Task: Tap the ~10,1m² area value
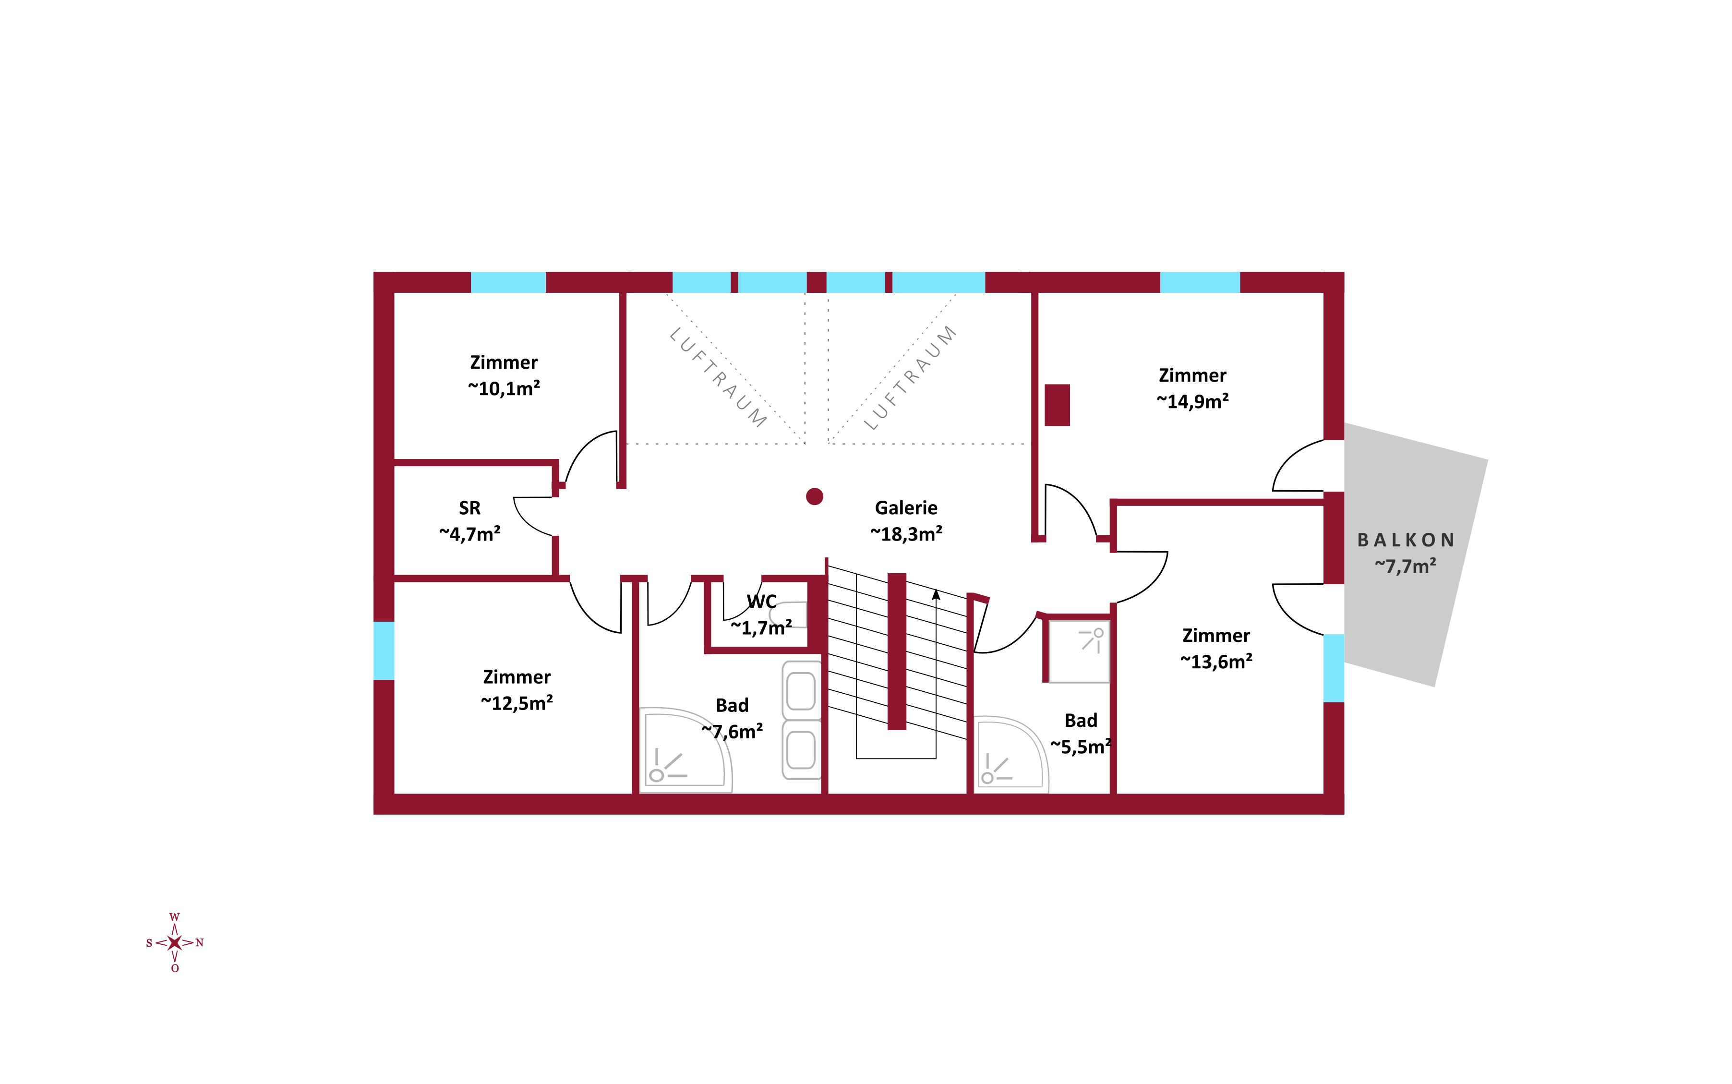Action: [504, 388]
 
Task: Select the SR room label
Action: [469, 508]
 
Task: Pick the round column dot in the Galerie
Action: [814, 496]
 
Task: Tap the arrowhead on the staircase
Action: [936, 594]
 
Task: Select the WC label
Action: [761, 602]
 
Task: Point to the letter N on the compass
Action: [200, 943]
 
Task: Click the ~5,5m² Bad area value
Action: [1081, 747]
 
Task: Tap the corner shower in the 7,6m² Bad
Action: [685, 750]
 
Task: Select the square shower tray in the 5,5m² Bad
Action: [1079, 651]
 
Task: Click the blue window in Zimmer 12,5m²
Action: [384, 650]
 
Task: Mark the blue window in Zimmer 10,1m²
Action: [508, 282]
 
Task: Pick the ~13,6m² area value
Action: [1216, 662]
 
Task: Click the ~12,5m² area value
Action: [517, 703]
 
